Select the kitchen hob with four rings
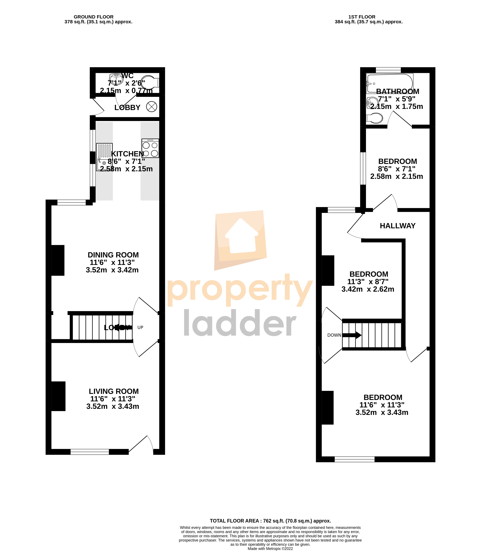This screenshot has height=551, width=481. (150, 148)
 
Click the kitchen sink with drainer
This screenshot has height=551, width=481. (104, 157)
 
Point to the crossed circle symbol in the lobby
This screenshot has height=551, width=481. (151, 107)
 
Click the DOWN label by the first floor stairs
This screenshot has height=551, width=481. (334, 335)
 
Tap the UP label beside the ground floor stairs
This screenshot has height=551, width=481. (140, 327)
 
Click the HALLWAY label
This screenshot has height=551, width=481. (398, 226)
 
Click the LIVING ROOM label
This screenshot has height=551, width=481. (114, 391)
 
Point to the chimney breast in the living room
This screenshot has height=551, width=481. (58, 396)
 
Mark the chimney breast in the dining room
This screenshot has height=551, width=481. (58, 260)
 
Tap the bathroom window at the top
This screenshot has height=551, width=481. (388, 70)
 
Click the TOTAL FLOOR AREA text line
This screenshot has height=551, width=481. (270, 521)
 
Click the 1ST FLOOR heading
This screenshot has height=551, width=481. (362, 17)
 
